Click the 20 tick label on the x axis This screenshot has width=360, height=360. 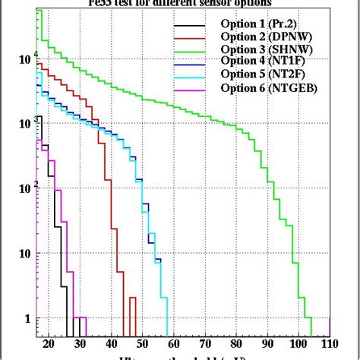click(49, 344)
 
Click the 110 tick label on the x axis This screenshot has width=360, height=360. click(328, 344)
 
